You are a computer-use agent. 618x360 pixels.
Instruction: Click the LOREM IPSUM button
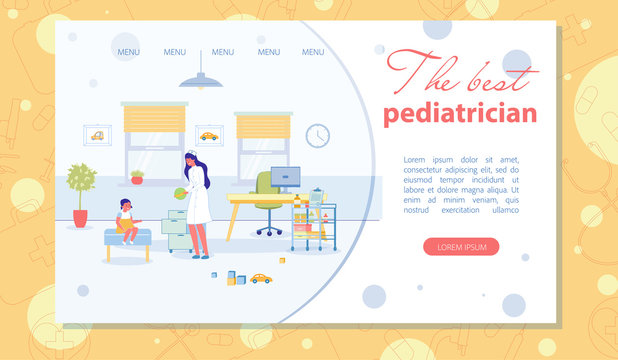pyautogui.click(x=461, y=246)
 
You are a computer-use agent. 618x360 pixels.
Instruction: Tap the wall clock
pyautogui.click(x=317, y=136)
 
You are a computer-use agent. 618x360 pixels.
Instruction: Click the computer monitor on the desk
pyautogui.click(x=286, y=178)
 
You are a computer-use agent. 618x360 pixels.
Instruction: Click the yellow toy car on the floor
pyautogui.click(x=260, y=278)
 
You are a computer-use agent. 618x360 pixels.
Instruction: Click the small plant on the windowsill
pyautogui.click(x=137, y=177)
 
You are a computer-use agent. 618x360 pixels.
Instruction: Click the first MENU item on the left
pyautogui.click(x=129, y=52)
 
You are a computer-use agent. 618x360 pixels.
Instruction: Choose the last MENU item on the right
pyautogui.click(x=313, y=52)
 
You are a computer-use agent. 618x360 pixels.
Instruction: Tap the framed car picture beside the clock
pyautogui.click(x=209, y=136)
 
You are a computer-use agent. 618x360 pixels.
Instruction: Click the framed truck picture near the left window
pyautogui.click(x=98, y=135)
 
